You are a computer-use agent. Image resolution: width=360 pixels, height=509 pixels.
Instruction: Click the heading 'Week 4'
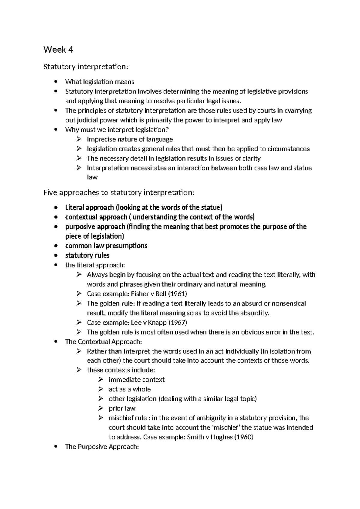click(58, 50)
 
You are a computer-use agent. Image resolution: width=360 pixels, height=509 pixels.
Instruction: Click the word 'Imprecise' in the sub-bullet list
click(101, 139)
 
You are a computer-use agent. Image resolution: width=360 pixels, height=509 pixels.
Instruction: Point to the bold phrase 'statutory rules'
click(87, 256)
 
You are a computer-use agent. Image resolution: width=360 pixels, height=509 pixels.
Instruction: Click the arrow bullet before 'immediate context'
click(100, 380)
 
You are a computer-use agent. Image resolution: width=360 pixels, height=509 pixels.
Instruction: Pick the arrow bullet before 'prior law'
click(100, 408)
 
